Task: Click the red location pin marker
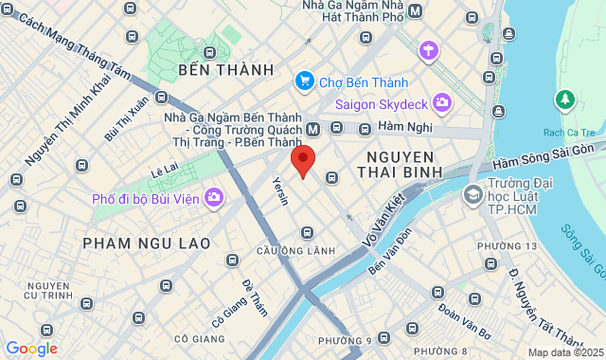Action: (302, 159)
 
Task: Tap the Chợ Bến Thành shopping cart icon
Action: (304, 81)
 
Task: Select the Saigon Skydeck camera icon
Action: (442, 101)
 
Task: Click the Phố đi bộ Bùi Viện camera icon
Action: (214, 197)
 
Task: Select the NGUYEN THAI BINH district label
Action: (396, 164)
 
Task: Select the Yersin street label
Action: (278, 191)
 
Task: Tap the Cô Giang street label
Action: (230, 310)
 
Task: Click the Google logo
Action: (31, 349)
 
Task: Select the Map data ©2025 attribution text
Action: (565, 352)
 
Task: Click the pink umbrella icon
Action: (430, 49)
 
